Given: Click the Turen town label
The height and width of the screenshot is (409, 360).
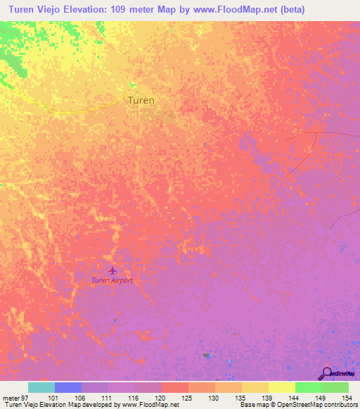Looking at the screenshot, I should (141, 100).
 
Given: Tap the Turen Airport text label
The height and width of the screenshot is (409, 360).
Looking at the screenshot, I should (112, 280).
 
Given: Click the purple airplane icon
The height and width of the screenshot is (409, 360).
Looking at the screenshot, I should (112, 270).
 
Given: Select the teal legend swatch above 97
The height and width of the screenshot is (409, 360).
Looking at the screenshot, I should (41, 387).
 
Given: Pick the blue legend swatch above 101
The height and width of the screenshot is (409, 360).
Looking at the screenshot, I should (67, 387).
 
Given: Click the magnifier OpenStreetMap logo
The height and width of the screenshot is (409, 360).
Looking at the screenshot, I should (327, 373).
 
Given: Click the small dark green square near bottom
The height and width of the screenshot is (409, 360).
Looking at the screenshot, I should (207, 356).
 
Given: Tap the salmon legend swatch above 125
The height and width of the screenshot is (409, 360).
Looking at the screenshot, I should (174, 387).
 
